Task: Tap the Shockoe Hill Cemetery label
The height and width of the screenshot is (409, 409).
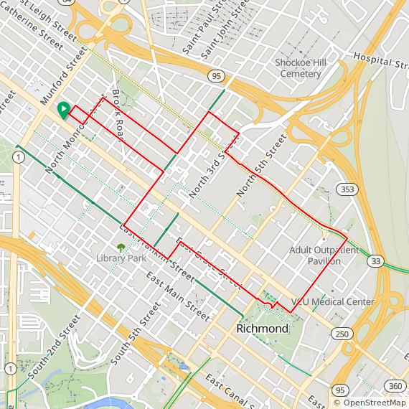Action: point(301,68)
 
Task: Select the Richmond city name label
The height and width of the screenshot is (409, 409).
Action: point(263,329)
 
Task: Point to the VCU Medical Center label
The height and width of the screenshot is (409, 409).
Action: point(332,302)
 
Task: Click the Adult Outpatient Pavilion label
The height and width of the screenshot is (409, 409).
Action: point(324,255)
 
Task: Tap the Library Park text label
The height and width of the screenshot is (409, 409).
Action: point(120,258)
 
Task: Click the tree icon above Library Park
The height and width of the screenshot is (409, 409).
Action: point(121,248)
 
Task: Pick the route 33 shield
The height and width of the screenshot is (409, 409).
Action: point(375,262)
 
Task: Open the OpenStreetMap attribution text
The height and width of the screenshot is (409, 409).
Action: point(370,403)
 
